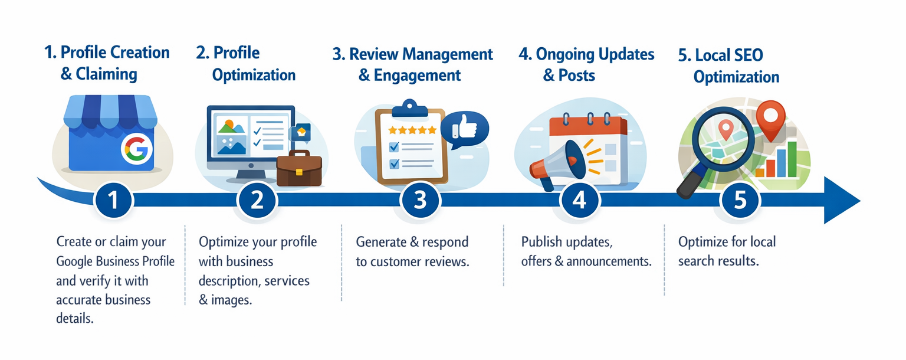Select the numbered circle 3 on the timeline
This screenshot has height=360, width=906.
419,201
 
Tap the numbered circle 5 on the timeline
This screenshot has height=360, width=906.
740,201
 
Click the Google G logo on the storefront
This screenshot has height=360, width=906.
137,148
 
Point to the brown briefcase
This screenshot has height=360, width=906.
299,169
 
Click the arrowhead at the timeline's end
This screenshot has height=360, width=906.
842,200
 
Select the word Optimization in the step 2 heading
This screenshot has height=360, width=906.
254,76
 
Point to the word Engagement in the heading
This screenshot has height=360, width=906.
418,76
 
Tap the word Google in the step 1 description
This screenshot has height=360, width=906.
75,261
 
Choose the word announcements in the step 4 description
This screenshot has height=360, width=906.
609,261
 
